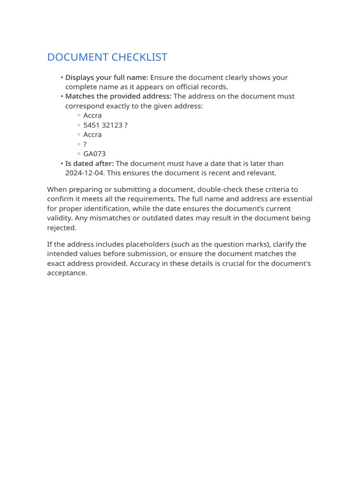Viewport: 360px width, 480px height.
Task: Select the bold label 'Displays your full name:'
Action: click(106, 77)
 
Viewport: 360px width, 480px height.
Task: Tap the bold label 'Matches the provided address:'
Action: click(119, 96)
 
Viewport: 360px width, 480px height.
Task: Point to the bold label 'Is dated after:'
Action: click(90, 164)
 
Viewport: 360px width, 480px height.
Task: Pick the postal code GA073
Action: click(94, 154)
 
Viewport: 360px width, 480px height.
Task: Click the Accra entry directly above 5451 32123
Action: click(92, 115)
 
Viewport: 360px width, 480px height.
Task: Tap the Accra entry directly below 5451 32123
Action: click(92, 135)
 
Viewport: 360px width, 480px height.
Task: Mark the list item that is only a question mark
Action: click(85, 144)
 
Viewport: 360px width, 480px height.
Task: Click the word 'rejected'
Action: click(61, 228)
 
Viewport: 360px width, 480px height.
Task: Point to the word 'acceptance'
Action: click(67, 273)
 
